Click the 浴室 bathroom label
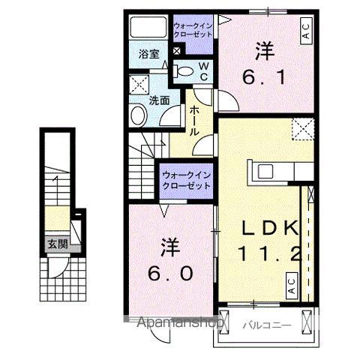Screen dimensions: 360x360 pyautogui.click(x=149, y=54)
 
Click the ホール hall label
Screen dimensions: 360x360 pyautogui.click(x=194, y=120)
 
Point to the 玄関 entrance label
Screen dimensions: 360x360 pyautogui.click(x=57, y=243)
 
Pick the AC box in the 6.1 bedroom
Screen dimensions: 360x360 pyautogui.click(x=306, y=32)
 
